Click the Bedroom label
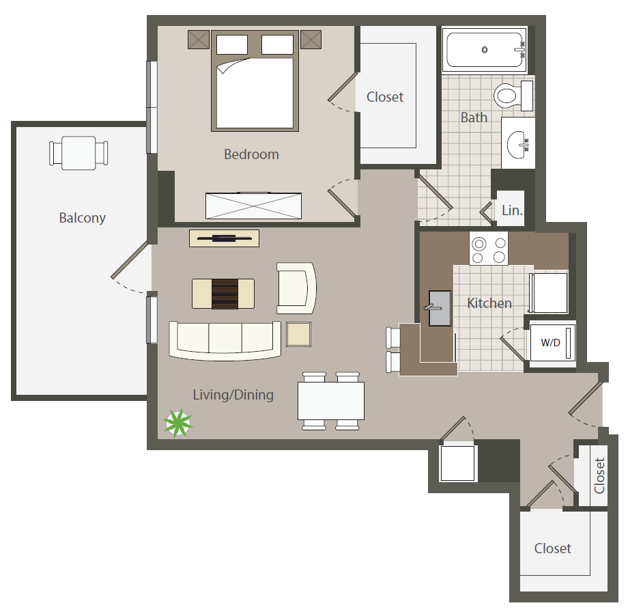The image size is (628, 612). click(x=251, y=154)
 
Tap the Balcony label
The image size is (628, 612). click(x=82, y=218)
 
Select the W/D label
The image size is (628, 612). click(x=550, y=343)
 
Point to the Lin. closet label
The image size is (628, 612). click(x=512, y=210)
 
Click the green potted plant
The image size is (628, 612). click(x=178, y=423)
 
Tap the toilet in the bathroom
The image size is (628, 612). click(x=513, y=96)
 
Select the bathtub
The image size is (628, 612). click(x=484, y=50)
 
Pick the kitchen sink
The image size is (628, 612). click(x=440, y=308)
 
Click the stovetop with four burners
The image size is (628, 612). click(x=489, y=249)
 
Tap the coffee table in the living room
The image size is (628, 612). click(x=223, y=294)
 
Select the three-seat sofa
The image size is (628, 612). click(x=225, y=340)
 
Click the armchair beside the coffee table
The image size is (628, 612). click(x=296, y=288)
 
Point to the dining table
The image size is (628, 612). click(x=331, y=401)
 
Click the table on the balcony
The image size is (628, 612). click(x=78, y=153)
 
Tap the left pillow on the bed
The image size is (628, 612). click(x=232, y=44)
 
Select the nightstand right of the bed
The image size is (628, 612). click(x=311, y=40)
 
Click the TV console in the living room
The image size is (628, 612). click(x=225, y=238)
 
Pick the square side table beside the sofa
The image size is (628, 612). click(x=299, y=334)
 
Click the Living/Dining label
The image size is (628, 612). click(x=233, y=395)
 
